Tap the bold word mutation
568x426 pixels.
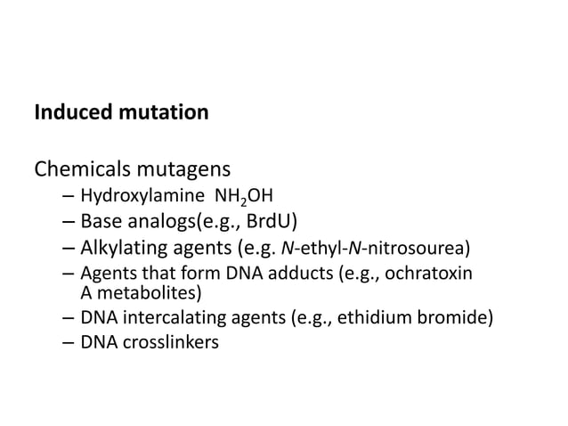tap(165, 114)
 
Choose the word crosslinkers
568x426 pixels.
tap(166, 340)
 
